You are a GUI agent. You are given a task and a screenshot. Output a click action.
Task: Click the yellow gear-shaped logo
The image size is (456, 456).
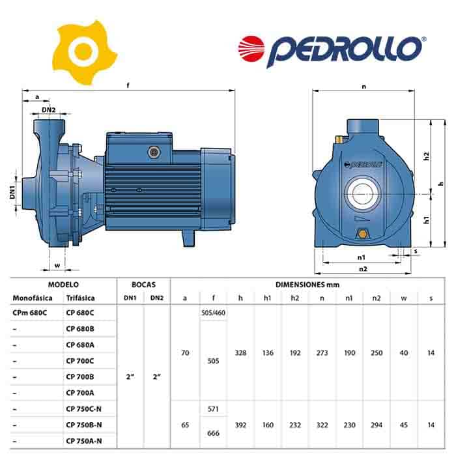pos(84,52)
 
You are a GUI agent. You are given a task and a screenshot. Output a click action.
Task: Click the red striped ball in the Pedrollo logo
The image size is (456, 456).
pos(251,49)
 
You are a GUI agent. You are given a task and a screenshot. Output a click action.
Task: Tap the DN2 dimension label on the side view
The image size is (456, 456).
pos(49,110)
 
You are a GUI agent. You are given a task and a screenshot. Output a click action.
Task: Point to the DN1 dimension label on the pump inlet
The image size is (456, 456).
pos(12,193)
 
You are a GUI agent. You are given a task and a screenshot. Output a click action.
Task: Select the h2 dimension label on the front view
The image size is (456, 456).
pos(426,156)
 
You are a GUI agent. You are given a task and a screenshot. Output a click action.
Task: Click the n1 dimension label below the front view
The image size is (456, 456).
pos(361,257)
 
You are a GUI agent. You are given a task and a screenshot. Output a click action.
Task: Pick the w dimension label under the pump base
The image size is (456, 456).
pos(57,265)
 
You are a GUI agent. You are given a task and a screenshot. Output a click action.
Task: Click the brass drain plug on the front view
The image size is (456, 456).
pos(362,233)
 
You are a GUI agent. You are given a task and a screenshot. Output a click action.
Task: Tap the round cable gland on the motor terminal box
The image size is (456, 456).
pos(154,152)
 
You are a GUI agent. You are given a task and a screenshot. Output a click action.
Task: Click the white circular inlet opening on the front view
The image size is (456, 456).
pos(362,193)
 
